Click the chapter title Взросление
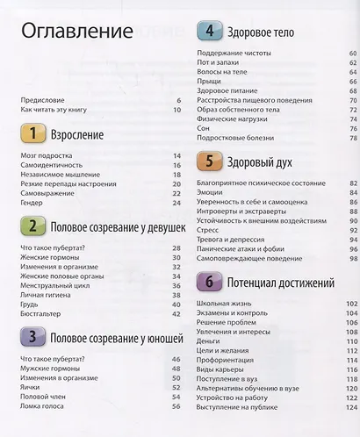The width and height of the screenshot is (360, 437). point(77,135)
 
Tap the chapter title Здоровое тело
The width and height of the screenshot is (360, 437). point(260,33)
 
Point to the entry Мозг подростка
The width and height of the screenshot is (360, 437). point(45,155)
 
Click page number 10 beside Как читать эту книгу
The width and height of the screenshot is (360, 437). point(176,110)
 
